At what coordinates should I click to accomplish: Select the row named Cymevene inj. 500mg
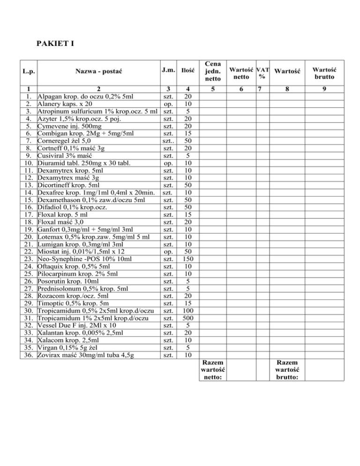pos(71,126)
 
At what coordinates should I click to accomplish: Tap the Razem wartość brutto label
pos(287,370)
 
